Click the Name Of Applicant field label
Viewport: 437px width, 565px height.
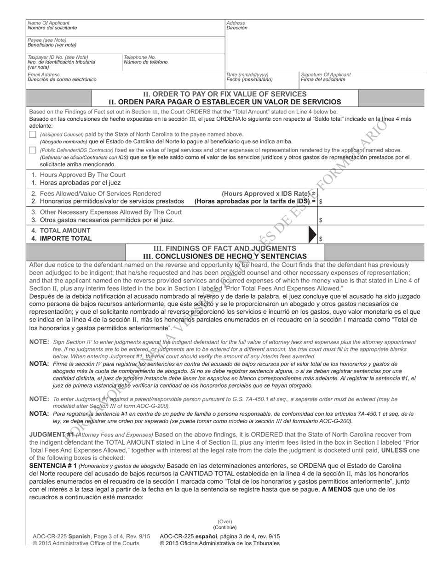click(x=49, y=23)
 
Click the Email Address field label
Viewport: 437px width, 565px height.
click(x=44, y=74)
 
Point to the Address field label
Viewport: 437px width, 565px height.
click(x=236, y=23)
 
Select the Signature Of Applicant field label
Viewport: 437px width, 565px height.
click(x=326, y=74)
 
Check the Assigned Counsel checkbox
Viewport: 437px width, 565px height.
click(x=32, y=135)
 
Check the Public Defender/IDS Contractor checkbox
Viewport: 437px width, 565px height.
click(x=32, y=150)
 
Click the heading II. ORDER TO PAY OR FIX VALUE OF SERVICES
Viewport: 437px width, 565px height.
click(x=224, y=94)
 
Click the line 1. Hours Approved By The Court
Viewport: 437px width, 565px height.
click(x=78, y=175)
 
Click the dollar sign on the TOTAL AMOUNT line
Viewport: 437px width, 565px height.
click(x=321, y=239)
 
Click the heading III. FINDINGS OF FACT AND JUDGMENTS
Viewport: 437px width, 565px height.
click(x=224, y=248)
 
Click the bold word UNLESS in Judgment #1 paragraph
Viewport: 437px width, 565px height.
click(x=394, y=450)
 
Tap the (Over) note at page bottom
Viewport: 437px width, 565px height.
click(x=225, y=522)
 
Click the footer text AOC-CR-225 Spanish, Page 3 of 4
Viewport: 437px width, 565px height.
click(x=92, y=537)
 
